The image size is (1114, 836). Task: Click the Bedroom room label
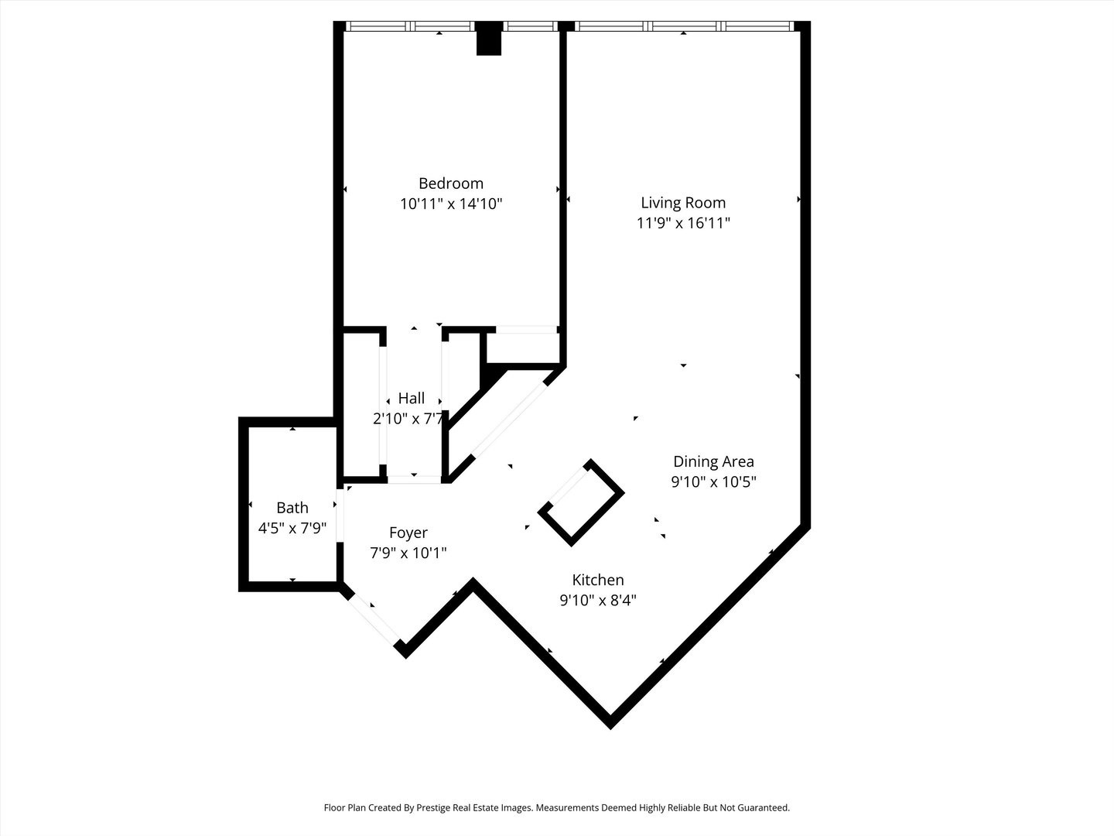450,183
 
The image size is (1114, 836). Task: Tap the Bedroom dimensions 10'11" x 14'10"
450,204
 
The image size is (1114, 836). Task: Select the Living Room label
683,203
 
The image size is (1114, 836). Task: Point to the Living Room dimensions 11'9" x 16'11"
683,224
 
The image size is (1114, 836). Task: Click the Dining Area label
713,461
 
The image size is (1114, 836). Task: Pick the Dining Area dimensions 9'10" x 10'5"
713,481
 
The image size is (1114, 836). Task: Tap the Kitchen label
597,580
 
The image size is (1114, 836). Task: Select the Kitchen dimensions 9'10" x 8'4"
597,600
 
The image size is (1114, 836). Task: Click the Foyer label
408,533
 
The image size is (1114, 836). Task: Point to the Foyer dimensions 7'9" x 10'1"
408,553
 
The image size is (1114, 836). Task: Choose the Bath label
292,508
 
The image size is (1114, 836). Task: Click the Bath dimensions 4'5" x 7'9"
292,528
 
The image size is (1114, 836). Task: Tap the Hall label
412,399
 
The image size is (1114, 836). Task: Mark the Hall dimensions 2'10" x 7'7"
408,419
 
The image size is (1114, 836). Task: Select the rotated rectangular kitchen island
581,503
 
